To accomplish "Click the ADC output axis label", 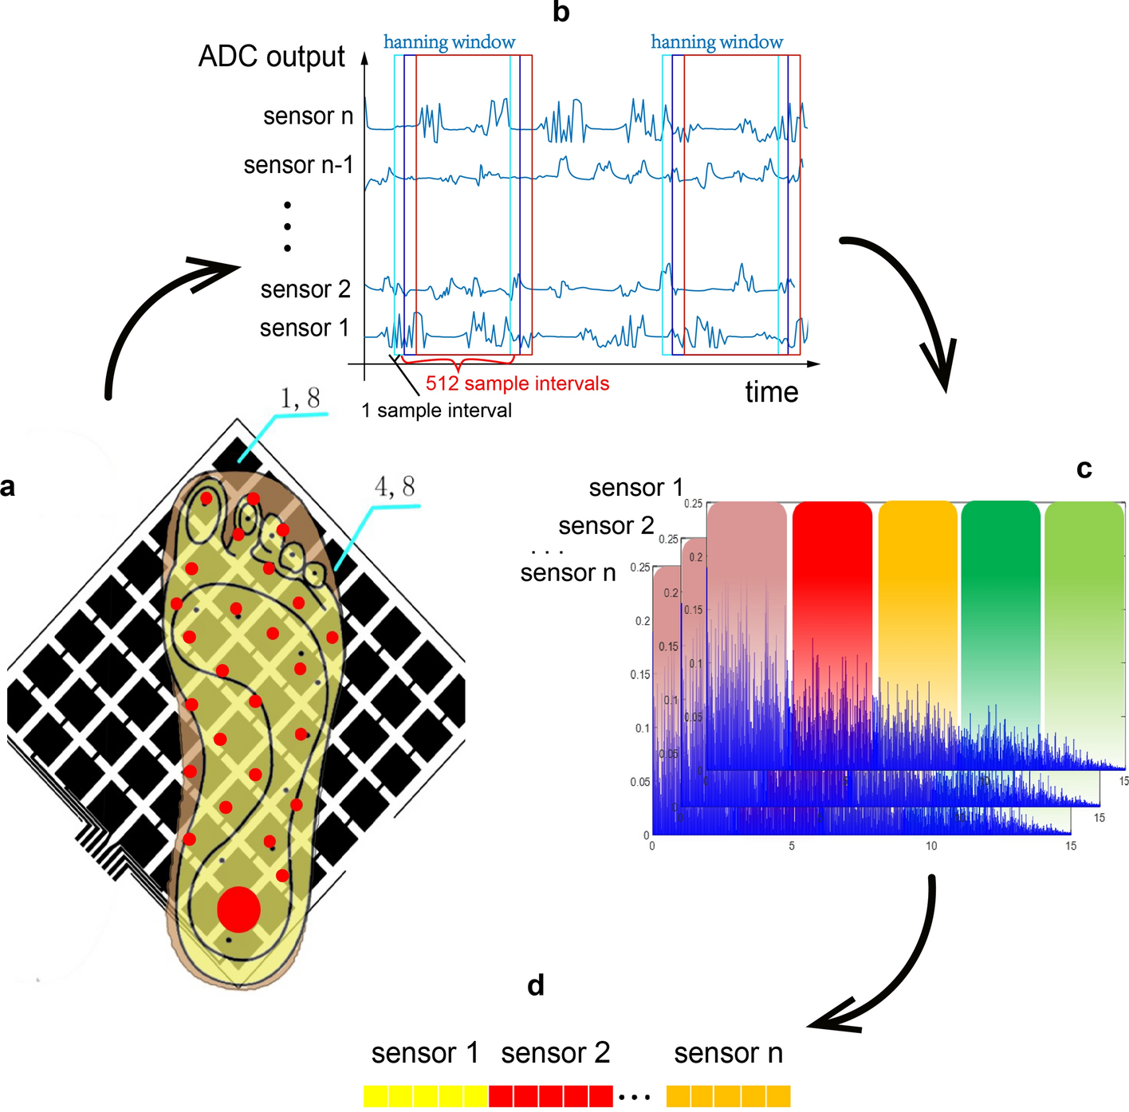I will tap(271, 57).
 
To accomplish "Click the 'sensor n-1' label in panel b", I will tap(297, 165).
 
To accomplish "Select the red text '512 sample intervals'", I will tap(517, 383).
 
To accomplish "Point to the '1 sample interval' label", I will tap(436, 411).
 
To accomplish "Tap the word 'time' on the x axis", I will tap(771, 392).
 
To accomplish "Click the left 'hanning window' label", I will tap(449, 42).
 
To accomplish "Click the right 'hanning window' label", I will tap(717, 42).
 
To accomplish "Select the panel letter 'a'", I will tap(8, 486).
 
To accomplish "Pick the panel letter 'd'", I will tap(536, 985).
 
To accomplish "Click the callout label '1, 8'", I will tap(300, 398).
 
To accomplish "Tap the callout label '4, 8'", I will tap(395, 486).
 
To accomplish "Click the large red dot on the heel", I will tap(238, 909).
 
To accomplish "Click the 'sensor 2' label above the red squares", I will tap(555, 1053).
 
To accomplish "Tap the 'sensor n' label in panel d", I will tap(728, 1053).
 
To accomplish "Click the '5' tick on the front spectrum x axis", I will tap(792, 846).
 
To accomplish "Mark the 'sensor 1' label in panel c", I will tap(635, 488).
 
